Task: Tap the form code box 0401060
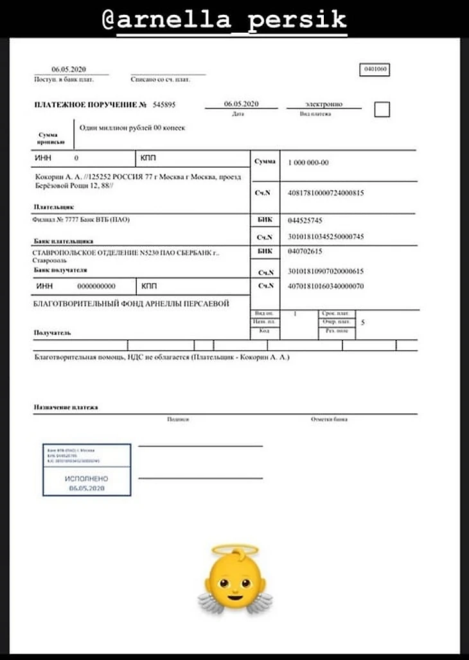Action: (375, 69)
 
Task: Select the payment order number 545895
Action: (164, 104)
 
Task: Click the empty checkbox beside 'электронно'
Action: (382, 109)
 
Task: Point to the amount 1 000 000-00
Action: (308, 163)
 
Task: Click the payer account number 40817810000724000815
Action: (326, 192)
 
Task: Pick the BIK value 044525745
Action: (305, 220)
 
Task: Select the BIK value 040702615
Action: (305, 251)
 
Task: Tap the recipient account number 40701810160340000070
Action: (326, 286)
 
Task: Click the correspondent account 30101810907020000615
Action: (326, 272)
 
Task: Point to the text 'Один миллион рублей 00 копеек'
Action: (132, 128)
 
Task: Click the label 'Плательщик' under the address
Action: (53, 208)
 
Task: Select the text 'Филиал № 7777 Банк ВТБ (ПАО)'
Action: (81, 220)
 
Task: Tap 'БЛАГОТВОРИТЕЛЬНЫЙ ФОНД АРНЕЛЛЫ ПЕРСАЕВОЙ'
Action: (131, 303)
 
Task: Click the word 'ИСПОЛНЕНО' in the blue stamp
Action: (87, 479)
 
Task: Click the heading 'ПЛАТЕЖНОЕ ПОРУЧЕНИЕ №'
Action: (91, 104)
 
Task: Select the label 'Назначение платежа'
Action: (66, 407)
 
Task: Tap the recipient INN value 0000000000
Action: (96, 286)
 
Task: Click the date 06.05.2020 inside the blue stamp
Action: (87, 488)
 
